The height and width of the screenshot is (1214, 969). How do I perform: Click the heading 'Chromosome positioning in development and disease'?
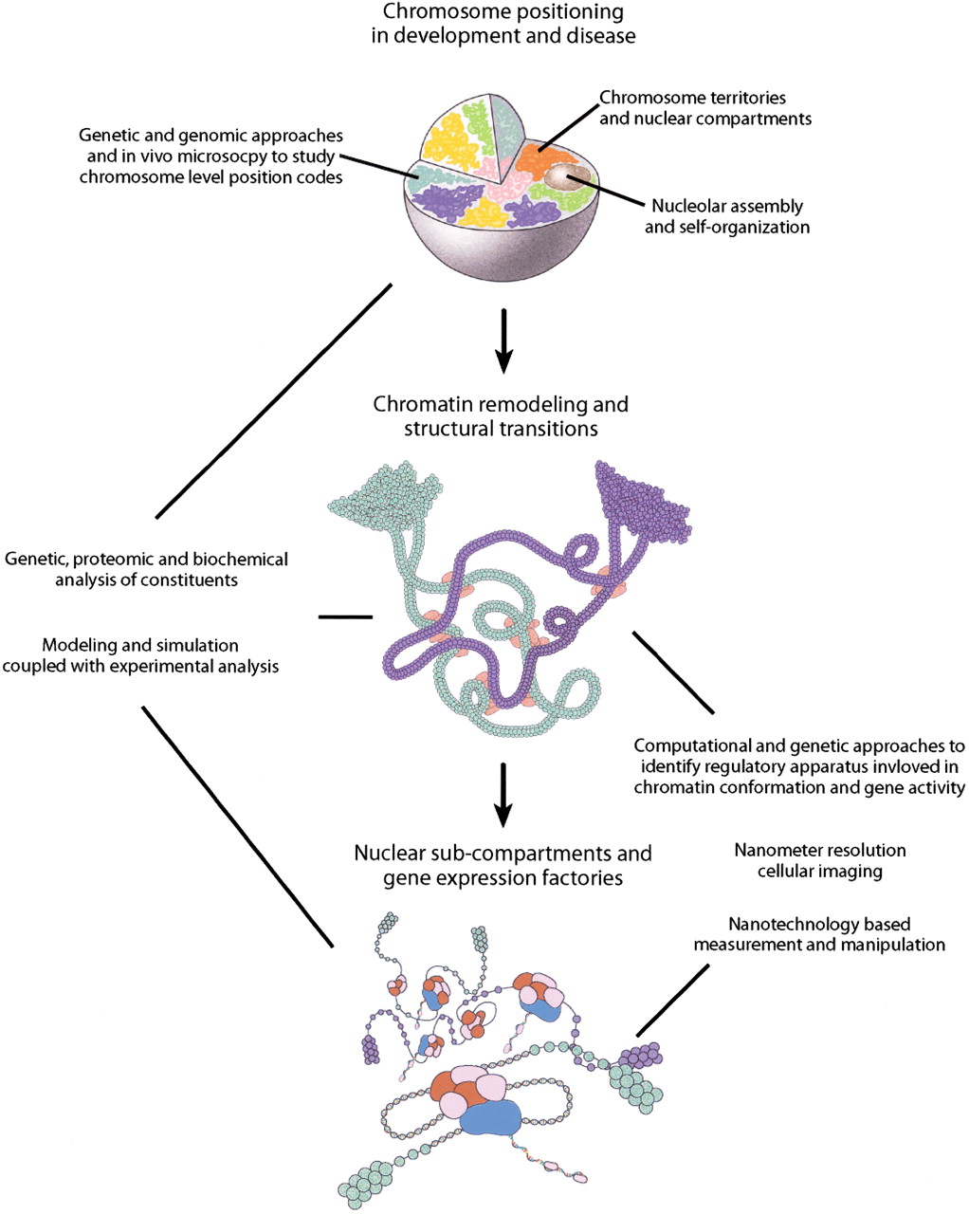coord(503,23)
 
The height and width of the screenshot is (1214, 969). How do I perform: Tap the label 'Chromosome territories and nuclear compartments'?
coord(705,108)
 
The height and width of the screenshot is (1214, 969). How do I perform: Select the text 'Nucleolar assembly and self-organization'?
coord(727,216)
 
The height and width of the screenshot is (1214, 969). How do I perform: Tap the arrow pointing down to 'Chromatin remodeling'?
coord(503,340)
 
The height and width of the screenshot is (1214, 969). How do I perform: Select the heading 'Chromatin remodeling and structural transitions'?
coord(501,416)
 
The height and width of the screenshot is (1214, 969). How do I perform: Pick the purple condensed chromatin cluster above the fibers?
coord(641,501)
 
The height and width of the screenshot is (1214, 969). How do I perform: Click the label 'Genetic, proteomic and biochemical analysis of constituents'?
coord(147,569)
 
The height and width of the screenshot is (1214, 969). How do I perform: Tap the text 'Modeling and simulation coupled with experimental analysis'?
coord(140,655)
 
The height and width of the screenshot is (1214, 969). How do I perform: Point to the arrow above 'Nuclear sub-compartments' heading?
coord(503,796)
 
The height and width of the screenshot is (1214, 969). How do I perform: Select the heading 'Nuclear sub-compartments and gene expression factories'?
coord(503,865)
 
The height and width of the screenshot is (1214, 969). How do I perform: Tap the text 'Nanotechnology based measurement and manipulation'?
coord(819,935)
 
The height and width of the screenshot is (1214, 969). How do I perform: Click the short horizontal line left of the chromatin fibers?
coord(345,617)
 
